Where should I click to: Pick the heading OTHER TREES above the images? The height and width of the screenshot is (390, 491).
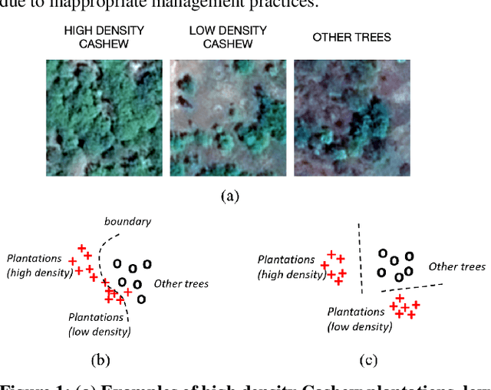[x=352, y=37]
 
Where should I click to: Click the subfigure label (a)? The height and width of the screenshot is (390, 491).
[x=228, y=195]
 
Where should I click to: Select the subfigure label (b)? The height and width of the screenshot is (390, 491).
[x=101, y=359]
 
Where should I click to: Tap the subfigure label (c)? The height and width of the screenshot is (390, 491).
[x=367, y=359]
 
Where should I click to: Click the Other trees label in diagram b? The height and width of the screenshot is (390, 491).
[x=181, y=284]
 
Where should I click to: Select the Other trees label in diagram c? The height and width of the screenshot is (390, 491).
[x=456, y=266]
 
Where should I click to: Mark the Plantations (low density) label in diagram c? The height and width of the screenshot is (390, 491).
[x=359, y=319]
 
